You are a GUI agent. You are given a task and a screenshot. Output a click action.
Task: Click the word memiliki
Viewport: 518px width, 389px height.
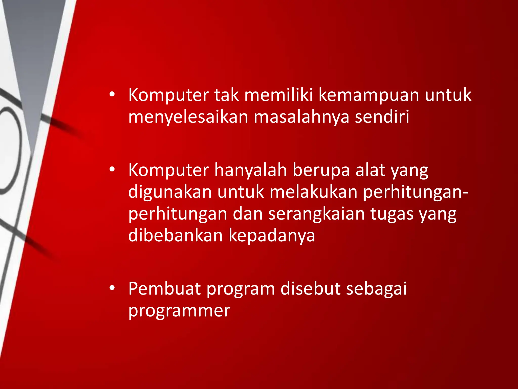point(279,95)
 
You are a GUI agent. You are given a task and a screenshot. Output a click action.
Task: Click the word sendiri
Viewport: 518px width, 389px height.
point(382,117)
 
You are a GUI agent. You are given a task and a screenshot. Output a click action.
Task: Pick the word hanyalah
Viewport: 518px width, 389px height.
point(251,171)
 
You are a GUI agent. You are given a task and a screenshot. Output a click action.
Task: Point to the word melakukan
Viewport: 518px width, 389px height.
point(313,192)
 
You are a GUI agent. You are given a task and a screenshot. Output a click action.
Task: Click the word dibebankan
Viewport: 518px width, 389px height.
point(176,236)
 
